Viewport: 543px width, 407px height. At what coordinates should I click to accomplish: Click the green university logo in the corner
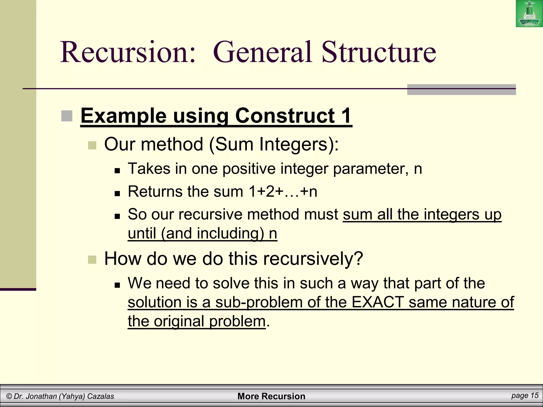(x=529, y=14)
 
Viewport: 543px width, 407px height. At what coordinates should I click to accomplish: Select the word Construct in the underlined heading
(x=285, y=116)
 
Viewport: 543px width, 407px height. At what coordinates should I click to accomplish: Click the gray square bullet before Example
(x=67, y=116)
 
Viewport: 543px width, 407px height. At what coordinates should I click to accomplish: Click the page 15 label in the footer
(x=525, y=396)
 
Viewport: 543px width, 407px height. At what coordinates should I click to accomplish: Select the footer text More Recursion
(x=271, y=396)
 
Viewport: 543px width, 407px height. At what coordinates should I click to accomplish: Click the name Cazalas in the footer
(x=100, y=396)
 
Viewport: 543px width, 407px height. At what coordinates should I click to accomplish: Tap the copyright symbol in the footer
(x=9, y=396)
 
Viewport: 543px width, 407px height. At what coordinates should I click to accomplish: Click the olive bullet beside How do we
(x=92, y=260)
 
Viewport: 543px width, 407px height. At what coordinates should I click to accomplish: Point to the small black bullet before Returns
(x=117, y=193)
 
